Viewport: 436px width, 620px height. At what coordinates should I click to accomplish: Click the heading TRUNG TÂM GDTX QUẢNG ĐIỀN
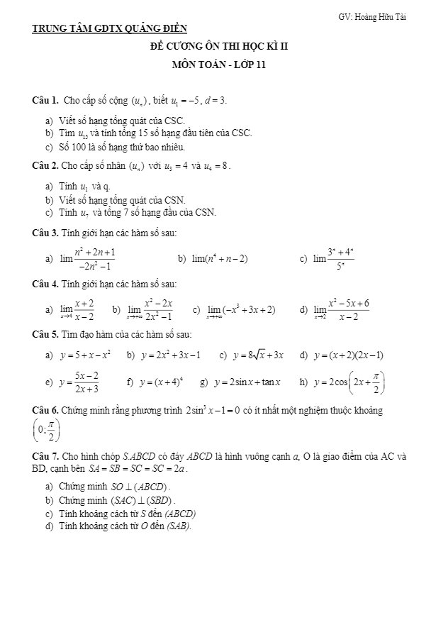click(x=110, y=29)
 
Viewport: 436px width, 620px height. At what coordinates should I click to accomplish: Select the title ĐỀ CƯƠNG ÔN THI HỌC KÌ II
click(x=218, y=47)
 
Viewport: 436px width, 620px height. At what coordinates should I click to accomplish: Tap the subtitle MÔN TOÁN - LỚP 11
click(x=218, y=65)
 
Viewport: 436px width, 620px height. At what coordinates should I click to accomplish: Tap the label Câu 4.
click(x=46, y=284)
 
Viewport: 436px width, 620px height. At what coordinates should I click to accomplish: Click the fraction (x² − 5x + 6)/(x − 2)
click(x=348, y=310)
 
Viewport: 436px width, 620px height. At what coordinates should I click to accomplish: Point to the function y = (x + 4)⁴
click(x=161, y=382)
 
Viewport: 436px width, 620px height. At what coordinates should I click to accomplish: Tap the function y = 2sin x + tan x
click(x=247, y=382)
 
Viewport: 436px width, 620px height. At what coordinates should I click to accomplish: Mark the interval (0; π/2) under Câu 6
click(x=47, y=429)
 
